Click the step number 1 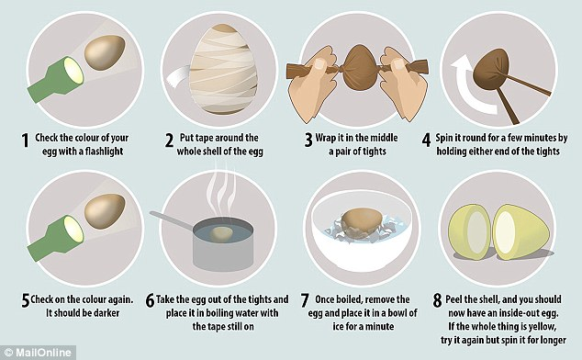click(x=25, y=141)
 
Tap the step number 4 click(x=427, y=141)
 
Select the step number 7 click(x=305, y=300)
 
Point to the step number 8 click(x=438, y=300)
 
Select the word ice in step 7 click(x=338, y=327)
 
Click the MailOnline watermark click(x=37, y=353)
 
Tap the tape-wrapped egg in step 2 click(x=223, y=69)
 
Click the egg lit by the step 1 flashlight click(x=105, y=52)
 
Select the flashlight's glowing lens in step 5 click(x=73, y=230)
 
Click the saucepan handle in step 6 click(x=172, y=219)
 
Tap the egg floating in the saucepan click(x=221, y=234)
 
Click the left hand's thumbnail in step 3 click(x=319, y=64)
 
